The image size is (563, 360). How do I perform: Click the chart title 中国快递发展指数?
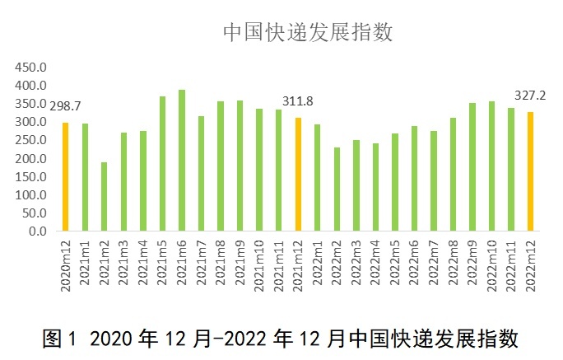(309, 32)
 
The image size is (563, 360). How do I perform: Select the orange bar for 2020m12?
(66, 176)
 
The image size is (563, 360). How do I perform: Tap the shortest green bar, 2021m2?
(105, 196)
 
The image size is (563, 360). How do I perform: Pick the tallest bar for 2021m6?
(182, 160)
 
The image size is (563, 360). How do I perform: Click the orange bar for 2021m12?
(298, 174)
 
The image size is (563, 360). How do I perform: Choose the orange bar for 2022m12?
(531, 171)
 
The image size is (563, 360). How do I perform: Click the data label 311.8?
(298, 101)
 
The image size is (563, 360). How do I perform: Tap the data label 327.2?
(531, 94)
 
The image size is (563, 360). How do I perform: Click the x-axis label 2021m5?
(163, 264)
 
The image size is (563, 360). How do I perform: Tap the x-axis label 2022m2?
(337, 264)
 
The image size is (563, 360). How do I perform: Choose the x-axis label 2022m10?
(492, 266)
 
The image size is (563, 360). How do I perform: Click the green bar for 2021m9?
(240, 166)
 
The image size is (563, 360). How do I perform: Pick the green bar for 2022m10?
(492, 166)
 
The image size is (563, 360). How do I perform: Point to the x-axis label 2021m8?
(221, 264)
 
